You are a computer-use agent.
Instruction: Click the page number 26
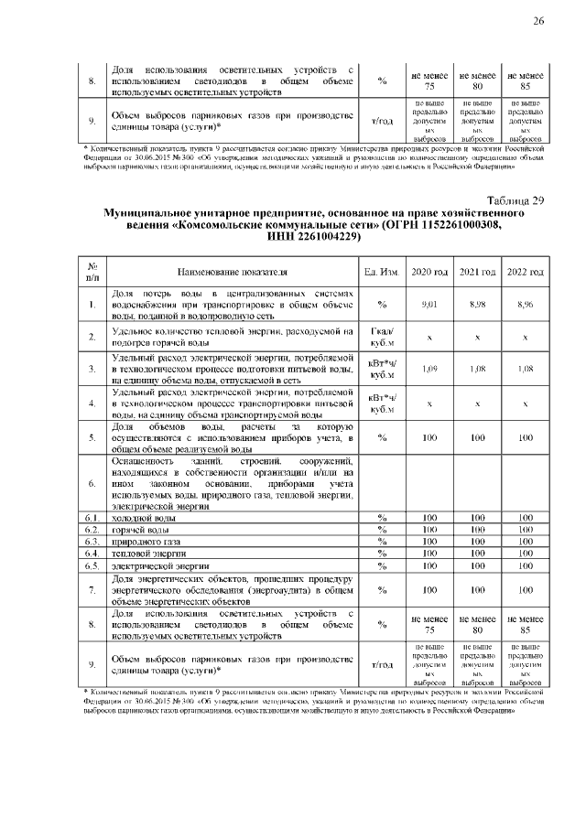click(538, 21)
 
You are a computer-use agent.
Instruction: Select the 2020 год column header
click(429, 272)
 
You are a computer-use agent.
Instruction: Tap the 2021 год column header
click(477, 272)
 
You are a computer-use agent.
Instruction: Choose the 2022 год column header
click(525, 272)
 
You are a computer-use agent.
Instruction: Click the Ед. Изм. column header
click(381, 272)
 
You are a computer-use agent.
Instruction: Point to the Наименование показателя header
click(233, 272)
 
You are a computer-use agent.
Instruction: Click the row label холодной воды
click(138, 518)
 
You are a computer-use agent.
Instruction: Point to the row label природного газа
click(141, 542)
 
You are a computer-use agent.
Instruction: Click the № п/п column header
click(92, 272)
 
